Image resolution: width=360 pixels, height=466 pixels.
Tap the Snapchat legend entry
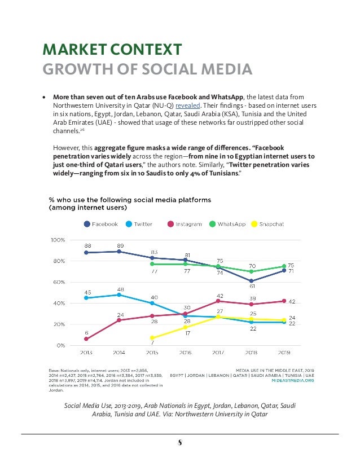pyautogui.click(x=267, y=224)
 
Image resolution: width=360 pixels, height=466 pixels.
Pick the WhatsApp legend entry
pyautogui.click(x=227, y=224)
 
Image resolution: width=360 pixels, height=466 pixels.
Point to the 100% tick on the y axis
pyautogui.click(x=59, y=240)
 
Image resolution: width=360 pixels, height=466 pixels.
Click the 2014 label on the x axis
pyautogui.click(x=119, y=353)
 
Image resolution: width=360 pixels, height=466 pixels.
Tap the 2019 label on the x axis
pyautogui.click(x=284, y=353)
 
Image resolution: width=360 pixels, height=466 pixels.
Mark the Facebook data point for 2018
pyautogui.click(x=251, y=281)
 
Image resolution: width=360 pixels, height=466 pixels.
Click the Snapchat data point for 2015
pyautogui.click(x=152, y=338)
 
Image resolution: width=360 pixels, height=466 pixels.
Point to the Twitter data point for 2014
pyautogui.click(x=119, y=294)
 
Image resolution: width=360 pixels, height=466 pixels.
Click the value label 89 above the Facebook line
pyautogui.click(x=119, y=245)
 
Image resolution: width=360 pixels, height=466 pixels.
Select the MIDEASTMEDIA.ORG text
pyautogui.click(x=292, y=381)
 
